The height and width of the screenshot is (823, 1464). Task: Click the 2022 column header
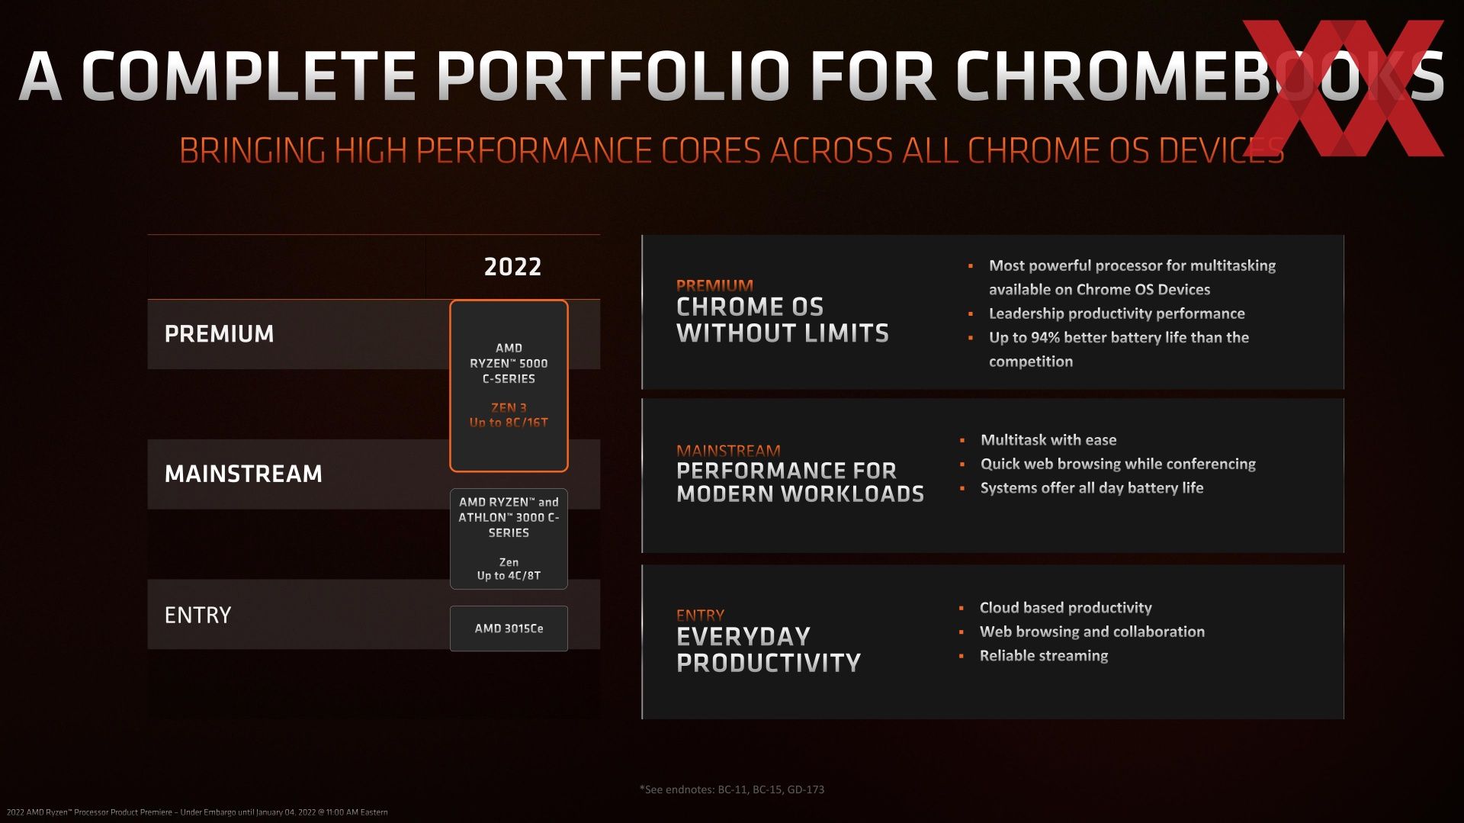coord(512,266)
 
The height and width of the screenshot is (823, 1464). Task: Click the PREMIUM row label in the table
coord(219,333)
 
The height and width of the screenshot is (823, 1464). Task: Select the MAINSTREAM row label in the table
coord(243,474)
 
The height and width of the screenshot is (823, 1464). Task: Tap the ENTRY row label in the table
coord(197,615)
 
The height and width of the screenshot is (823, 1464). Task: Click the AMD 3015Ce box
coord(509,629)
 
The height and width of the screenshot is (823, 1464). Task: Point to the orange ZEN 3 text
coord(509,407)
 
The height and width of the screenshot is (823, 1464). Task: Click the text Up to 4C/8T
coord(509,576)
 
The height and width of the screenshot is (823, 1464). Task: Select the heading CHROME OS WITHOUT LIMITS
coord(782,320)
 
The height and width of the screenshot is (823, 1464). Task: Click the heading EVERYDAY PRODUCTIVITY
coord(769,649)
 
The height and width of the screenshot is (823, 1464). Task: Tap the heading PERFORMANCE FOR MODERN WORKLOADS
coord(800,482)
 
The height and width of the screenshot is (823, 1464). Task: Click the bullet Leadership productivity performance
coord(1116,313)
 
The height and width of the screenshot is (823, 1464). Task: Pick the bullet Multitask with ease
coord(1048,440)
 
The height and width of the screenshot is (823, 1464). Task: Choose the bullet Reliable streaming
coord(1044,656)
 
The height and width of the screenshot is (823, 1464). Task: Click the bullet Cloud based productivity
coord(1065,608)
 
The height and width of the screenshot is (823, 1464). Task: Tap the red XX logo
coord(1344,88)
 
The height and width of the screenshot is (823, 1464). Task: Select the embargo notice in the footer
coord(197,812)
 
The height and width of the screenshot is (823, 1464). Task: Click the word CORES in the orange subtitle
coord(711,150)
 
